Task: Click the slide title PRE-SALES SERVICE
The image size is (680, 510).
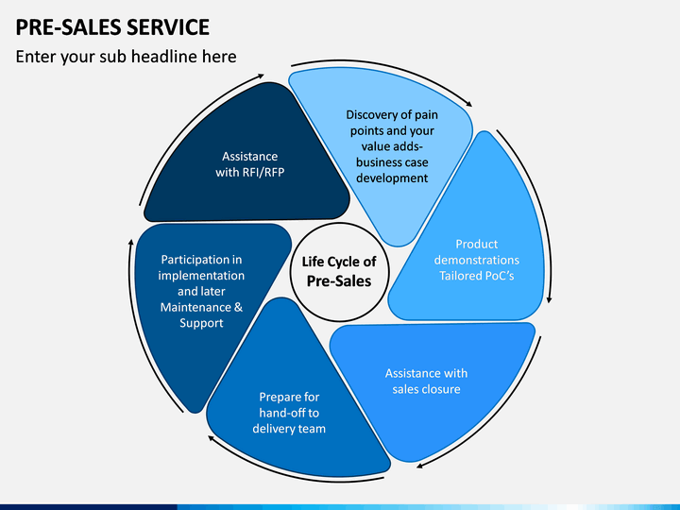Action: click(x=113, y=25)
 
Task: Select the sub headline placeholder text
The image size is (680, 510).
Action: click(x=126, y=57)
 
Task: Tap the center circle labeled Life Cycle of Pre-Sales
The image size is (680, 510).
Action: click(x=338, y=271)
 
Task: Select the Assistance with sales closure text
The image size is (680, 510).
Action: click(x=427, y=381)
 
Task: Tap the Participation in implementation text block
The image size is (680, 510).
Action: click(x=201, y=291)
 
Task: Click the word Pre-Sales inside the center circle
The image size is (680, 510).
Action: click(x=338, y=280)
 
